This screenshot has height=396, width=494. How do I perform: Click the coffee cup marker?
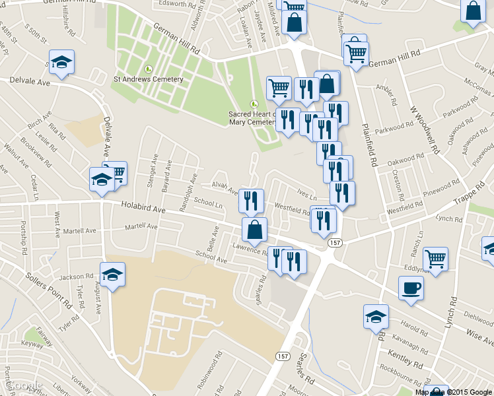point(411,288)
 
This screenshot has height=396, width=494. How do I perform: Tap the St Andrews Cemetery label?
point(149,79)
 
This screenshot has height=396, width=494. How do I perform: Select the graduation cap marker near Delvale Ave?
point(61,63)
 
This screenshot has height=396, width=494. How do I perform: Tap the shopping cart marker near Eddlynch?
point(435,258)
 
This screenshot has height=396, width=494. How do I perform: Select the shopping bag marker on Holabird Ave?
point(254,230)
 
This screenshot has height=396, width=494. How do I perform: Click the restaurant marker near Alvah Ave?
point(251,200)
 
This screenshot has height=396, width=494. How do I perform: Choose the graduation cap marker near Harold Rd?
point(376,316)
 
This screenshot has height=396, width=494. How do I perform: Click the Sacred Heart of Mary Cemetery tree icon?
point(254,104)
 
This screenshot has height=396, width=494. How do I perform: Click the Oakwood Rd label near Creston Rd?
point(405,160)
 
